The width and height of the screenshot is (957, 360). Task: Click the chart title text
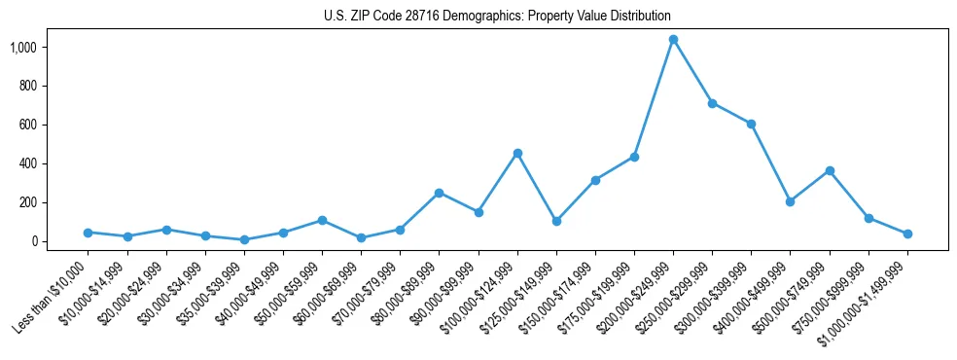[497, 17]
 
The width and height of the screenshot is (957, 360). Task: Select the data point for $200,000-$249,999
[673, 40]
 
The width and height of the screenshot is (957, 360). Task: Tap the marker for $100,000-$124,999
[517, 153]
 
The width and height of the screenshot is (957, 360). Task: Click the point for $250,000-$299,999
[712, 103]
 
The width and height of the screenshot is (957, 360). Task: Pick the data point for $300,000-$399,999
[751, 124]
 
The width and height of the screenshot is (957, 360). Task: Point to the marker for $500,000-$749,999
[830, 170]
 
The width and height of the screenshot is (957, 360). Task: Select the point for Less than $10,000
[88, 233]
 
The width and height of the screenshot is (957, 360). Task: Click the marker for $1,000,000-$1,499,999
[907, 234]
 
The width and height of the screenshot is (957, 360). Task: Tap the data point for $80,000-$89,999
[439, 193]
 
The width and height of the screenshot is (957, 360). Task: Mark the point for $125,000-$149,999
[556, 221]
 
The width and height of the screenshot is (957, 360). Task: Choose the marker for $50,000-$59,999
[322, 220]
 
